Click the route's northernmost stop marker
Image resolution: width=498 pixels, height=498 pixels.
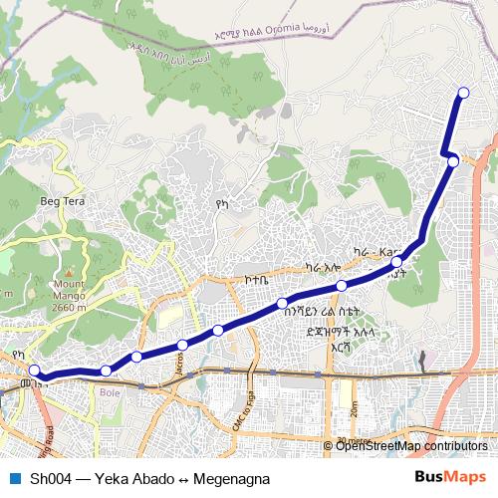tap(462, 93)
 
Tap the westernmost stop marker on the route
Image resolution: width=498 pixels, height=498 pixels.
tap(34, 372)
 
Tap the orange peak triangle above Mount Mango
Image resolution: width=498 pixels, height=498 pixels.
tap(69, 272)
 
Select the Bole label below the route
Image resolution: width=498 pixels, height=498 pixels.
tap(109, 392)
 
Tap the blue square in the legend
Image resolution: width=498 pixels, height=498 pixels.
tap(14, 478)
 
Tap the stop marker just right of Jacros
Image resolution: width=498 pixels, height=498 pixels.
tap(218, 330)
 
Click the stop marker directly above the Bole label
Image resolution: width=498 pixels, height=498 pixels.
tap(106, 371)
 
